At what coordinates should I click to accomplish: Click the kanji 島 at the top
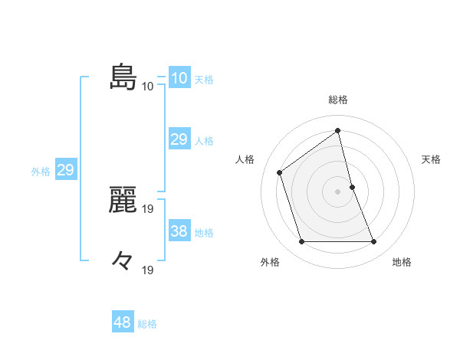(123, 77)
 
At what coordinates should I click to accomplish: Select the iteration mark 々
(123, 261)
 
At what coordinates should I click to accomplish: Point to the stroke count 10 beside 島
(147, 86)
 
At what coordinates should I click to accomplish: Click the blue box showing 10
(179, 78)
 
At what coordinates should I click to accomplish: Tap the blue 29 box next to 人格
(179, 139)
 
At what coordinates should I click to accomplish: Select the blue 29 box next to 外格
(65, 170)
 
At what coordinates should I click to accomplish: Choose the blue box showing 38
(179, 231)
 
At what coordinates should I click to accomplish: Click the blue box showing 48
(122, 322)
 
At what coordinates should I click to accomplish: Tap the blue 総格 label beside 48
(147, 324)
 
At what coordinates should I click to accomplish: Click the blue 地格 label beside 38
(204, 232)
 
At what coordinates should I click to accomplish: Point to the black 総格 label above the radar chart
(338, 100)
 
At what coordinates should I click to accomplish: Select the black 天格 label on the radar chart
(432, 159)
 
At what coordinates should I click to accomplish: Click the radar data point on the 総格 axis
(338, 130)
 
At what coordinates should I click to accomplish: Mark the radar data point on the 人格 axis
(280, 172)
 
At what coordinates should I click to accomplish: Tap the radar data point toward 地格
(374, 242)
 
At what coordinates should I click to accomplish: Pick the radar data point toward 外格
(301, 242)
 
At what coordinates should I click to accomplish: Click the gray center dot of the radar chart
(338, 191)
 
